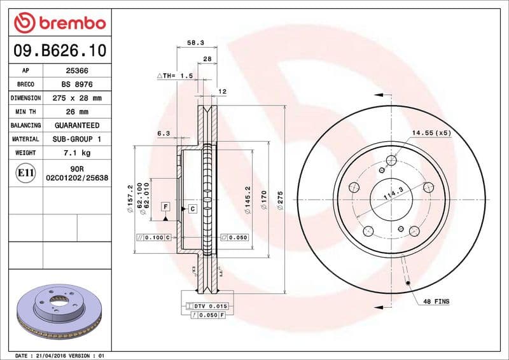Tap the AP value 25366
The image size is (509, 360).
coord(78,71)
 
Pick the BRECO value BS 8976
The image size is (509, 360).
coord(78,85)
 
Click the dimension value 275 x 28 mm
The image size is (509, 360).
coord(78,98)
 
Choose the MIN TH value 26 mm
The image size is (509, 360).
coord(78,112)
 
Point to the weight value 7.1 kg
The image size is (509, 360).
coord(78,153)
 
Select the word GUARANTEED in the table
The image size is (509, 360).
coord(78,125)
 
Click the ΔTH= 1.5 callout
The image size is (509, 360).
coord(175,76)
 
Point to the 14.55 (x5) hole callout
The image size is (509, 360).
coord(431,132)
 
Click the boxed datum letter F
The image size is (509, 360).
coord(165,207)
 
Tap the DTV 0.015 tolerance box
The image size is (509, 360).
coord(210,307)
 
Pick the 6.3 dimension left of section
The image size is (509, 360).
coord(164,133)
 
